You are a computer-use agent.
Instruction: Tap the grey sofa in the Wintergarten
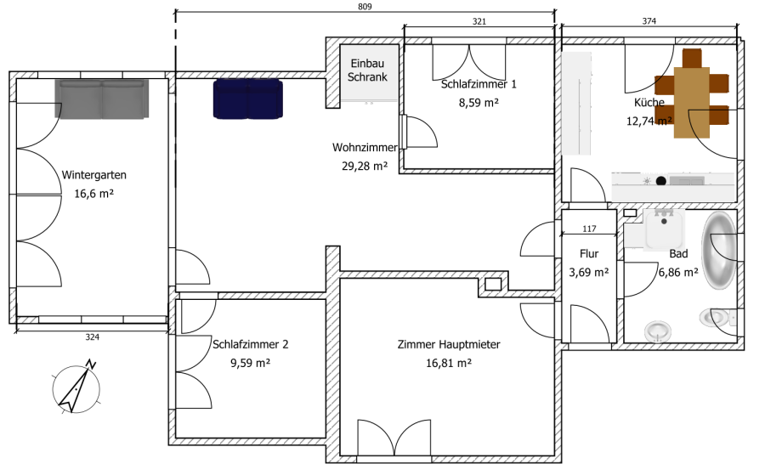102,99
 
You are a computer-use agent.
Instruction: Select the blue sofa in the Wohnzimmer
247,99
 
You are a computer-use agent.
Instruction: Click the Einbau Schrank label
368,71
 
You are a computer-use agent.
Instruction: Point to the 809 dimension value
365,7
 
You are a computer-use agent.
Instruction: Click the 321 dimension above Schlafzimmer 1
479,22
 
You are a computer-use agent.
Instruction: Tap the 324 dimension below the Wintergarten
92,338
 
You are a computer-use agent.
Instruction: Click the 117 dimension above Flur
588,229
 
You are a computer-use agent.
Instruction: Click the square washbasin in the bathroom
665,229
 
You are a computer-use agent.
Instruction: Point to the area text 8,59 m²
478,102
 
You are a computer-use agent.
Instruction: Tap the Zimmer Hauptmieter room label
448,344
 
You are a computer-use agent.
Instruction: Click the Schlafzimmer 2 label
251,344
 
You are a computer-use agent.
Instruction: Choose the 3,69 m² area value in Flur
589,273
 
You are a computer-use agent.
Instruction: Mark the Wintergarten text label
94,175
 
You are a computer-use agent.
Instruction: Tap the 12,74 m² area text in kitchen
649,121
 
